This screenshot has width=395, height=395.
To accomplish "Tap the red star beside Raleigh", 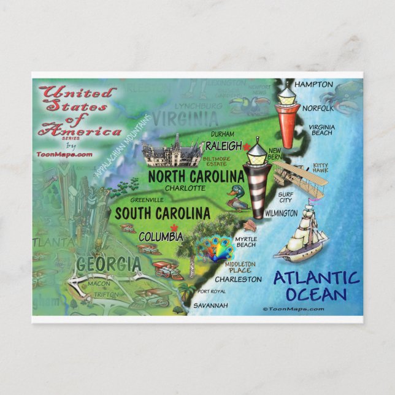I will (247, 147).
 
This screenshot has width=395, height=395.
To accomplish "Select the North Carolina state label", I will (196, 177).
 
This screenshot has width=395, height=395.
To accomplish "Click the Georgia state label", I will (107, 265).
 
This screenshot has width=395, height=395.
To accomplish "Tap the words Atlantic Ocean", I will (316, 286).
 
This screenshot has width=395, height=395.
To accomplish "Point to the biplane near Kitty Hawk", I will (299, 177).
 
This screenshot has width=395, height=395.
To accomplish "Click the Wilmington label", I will (281, 213).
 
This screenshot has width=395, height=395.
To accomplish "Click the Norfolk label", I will (317, 108).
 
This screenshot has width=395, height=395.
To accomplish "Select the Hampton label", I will (313, 84).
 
